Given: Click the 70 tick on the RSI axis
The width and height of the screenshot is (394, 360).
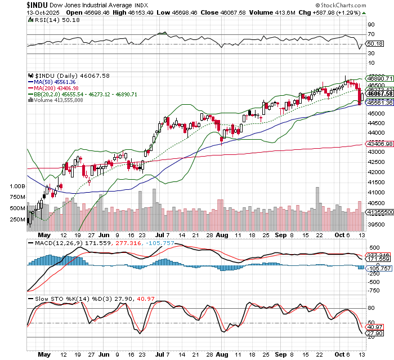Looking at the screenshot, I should tap(371, 34).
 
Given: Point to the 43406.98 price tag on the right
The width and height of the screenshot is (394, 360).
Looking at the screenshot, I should tap(379, 145).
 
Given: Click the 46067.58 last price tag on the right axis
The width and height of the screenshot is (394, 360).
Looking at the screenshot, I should tap(379, 94).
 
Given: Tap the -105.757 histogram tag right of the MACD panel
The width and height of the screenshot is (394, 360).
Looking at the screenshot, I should tap(378, 269).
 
